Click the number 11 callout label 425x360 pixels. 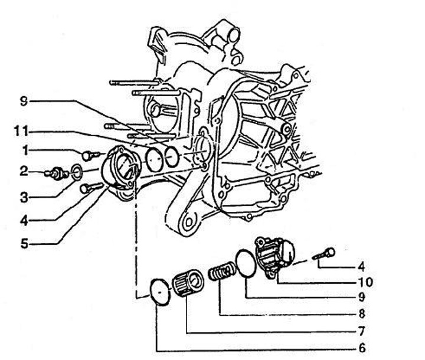[x=21, y=132]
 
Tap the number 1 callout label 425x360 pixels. [x=25, y=150]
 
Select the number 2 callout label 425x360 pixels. [x=24, y=171]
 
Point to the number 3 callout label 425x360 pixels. [x=24, y=198]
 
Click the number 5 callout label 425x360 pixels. [x=24, y=244]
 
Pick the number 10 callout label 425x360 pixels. [x=366, y=282]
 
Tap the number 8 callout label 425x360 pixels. [x=362, y=314]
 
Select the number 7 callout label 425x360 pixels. [x=362, y=331]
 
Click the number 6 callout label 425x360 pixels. [x=362, y=348]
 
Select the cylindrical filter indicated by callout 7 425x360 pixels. [x=188, y=283]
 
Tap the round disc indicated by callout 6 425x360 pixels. [x=161, y=292]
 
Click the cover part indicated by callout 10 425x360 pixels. [x=274, y=256]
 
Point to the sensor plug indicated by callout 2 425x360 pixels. [x=57, y=174]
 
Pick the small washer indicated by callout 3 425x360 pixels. [x=77, y=172]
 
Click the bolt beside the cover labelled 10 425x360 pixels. [x=324, y=253]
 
